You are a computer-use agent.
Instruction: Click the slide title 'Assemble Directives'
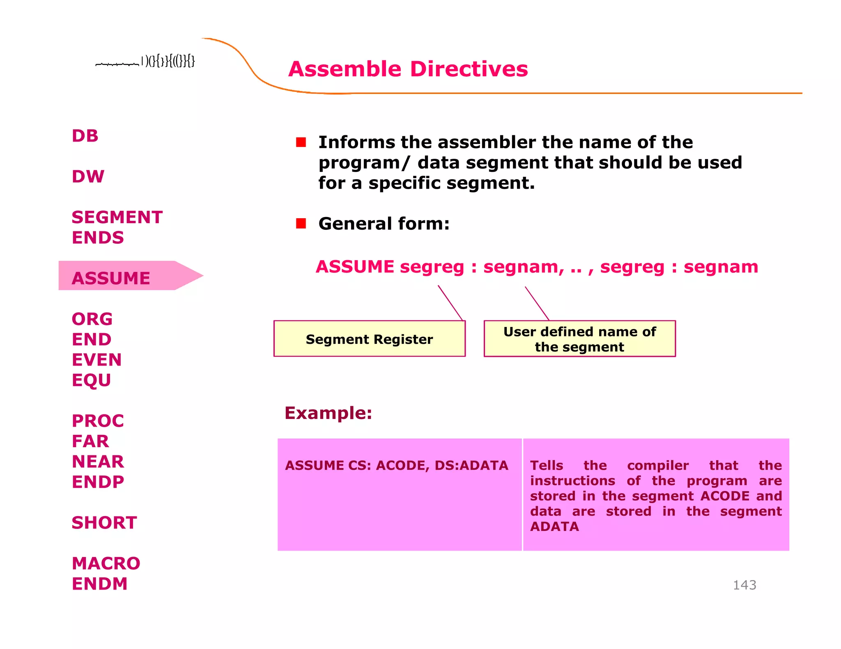coord(408,69)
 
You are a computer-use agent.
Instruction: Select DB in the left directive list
coord(85,136)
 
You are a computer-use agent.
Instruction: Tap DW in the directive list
coord(88,176)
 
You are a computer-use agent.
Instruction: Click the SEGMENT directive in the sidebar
coord(117,217)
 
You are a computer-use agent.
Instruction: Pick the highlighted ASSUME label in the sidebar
coord(111,278)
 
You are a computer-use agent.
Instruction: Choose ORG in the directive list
coord(92,319)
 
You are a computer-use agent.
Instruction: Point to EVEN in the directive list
coord(97,360)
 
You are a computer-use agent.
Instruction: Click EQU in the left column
coord(91,380)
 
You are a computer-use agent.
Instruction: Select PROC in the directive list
coord(98,421)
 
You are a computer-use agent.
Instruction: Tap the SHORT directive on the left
coord(104,523)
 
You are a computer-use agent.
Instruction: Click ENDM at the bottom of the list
coord(100,584)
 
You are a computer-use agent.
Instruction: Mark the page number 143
coord(744,585)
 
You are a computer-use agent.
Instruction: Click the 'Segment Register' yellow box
coord(369,339)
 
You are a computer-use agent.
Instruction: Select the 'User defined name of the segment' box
coord(579,339)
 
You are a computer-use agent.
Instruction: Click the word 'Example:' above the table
coord(328,413)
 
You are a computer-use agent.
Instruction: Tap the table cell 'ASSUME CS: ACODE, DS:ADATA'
coord(396,465)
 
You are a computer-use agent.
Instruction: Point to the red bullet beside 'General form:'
coord(301,224)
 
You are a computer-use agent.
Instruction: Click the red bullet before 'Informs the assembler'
coord(301,142)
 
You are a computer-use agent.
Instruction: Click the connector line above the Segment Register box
coord(450,302)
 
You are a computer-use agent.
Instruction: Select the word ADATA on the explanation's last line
coord(554,526)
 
